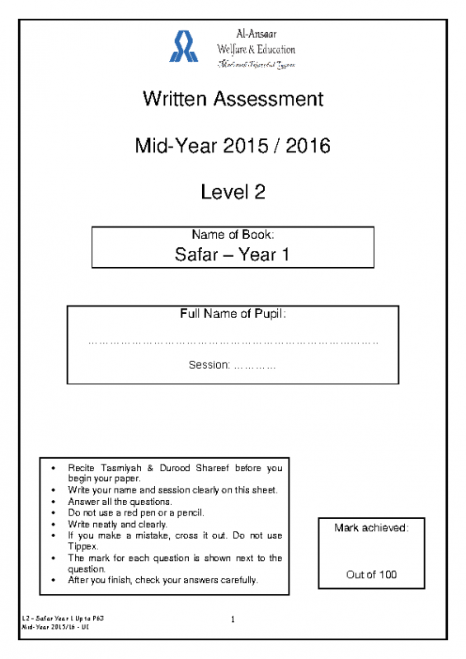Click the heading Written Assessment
(233, 100)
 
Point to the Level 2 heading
(233, 193)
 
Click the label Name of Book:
(233, 236)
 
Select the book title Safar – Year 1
(233, 255)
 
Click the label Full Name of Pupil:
(233, 314)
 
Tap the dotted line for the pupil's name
(233, 341)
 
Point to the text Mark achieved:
(371, 527)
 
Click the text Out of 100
(371, 574)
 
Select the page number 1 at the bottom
(233, 619)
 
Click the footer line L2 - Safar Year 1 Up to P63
(63, 617)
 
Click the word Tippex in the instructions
(82, 546)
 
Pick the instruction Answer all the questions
(120, 502)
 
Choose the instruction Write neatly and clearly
(117, 524)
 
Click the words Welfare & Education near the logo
(255, 49)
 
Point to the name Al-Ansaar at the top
(255, 35)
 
